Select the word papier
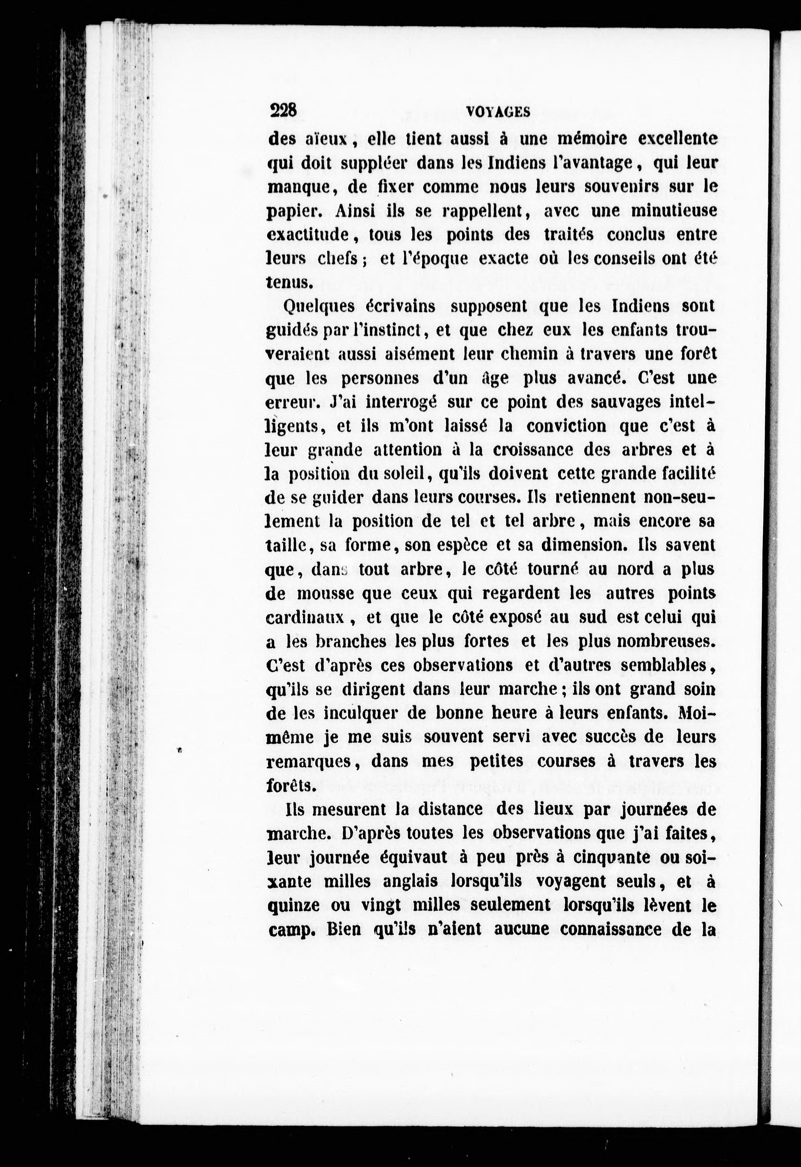[x=292, y=212]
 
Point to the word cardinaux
[x=304, y=617]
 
